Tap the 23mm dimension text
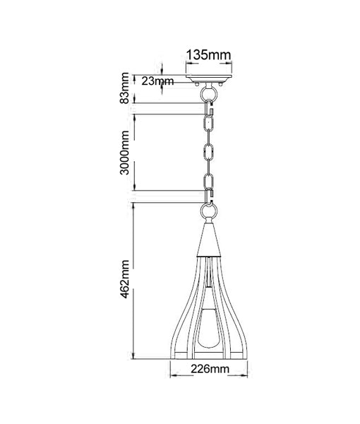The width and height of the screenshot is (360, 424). click(x=158, y=81)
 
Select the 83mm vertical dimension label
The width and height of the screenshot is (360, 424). click(x=126, y=88)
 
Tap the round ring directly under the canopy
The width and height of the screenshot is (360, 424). click(x=209, y=93)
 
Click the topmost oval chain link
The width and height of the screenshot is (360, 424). click(x=209, y=123)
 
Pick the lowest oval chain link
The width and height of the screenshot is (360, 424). click(x=209, y=182)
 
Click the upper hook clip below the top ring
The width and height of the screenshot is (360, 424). click(x=210, y=109)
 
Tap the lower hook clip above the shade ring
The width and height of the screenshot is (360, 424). click(x=210, y=197)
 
